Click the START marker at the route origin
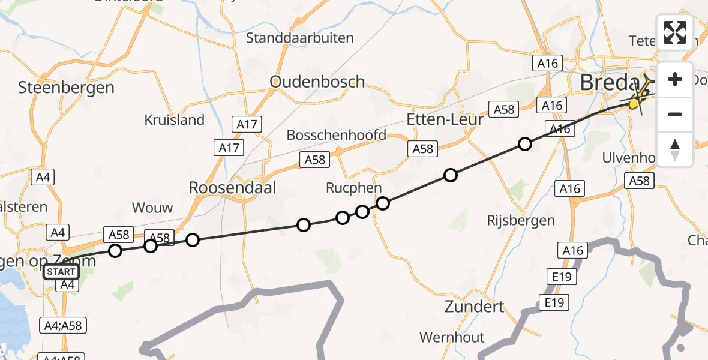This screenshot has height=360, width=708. (x=61, y=272)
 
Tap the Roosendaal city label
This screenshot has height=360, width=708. (x=232, y=188)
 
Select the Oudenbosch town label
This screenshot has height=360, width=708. (x=317, y=82)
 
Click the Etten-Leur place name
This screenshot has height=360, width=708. (x=445, y=119)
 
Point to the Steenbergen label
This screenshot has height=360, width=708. (x=66, y=88)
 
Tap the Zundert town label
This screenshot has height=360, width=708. (x=474, y=307)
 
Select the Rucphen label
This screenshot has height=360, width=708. (x=353, y=188)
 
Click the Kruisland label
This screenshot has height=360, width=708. (x=174, y=120)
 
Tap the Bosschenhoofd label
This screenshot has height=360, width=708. (x=336, y=135)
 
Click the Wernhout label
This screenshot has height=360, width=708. (x=451, y=337)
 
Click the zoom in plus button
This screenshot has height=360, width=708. (x=675, y=80)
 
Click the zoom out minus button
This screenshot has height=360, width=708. (x=675, y=114)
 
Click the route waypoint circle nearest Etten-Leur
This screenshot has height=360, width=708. (x=450, y=175)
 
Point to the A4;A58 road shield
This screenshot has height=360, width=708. (x=63, y=326)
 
